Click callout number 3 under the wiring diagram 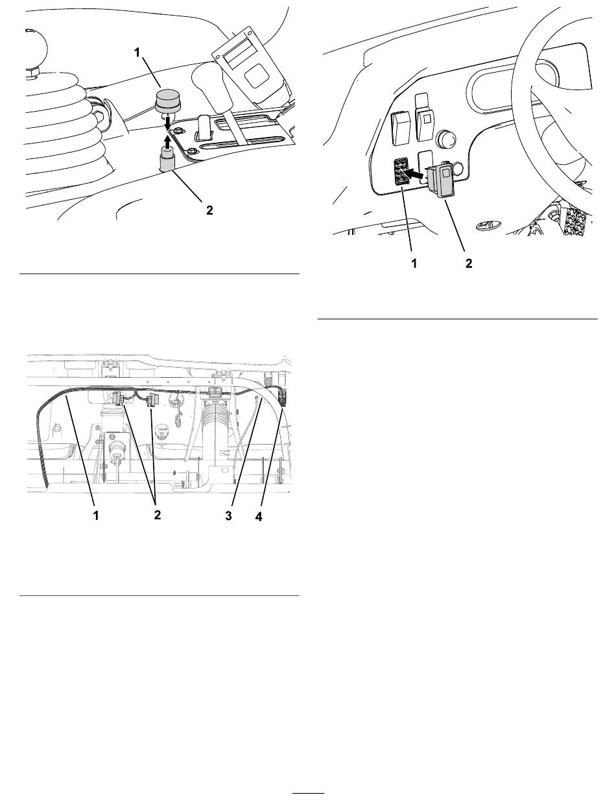point(228,515)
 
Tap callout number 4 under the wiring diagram point(259,517)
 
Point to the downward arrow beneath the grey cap point(168,123)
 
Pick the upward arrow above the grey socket point(168,141)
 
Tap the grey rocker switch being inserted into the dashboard point(444,180)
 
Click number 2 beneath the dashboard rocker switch point(469,264)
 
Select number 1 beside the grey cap point(137,53)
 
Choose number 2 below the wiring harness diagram point(158,515)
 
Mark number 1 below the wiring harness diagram point(96,515)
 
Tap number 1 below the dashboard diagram point(414,264)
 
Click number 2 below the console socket point(209,210)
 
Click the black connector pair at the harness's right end point(283,399)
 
